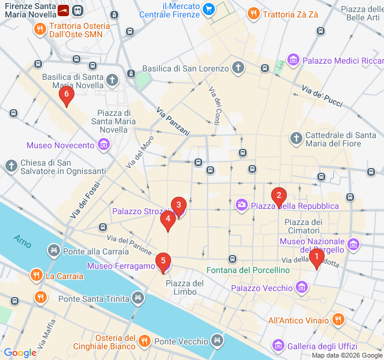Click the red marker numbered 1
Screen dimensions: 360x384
(316, 259)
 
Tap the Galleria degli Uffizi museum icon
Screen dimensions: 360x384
(278, 346)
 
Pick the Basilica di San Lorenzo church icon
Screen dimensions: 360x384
(239, 68)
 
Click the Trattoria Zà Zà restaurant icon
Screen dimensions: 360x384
(253, 13)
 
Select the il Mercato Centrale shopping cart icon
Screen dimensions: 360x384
(208, 9)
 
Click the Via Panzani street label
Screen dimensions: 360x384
(173, 121)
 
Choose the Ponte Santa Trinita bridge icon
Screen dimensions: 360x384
(139, 298)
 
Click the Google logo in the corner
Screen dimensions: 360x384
(20, 353)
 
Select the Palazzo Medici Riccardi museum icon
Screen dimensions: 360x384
(293, 60)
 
